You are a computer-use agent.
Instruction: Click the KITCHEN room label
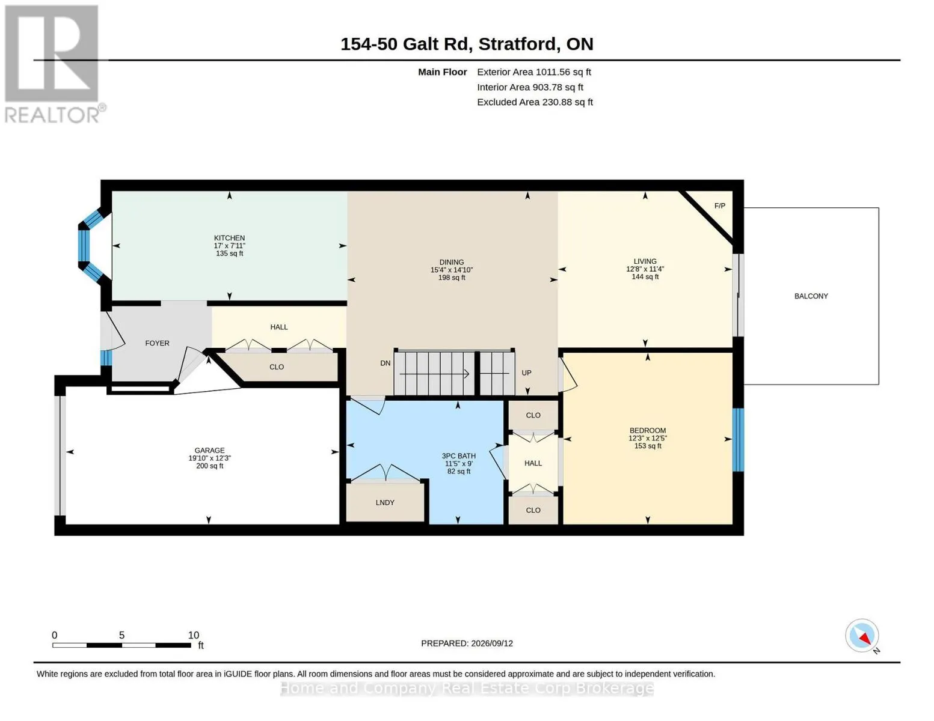pos(229,238)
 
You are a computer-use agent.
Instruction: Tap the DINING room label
pos(451,262)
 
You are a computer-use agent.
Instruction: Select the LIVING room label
pos(645,261)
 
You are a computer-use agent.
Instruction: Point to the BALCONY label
pos(811,296)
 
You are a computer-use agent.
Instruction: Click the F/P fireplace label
pos(719,205)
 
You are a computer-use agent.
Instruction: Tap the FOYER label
pos(157,343)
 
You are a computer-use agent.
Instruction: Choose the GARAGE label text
pos(209,451)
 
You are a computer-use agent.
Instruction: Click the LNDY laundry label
pos(385,502)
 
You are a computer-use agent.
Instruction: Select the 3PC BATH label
pos(459,456)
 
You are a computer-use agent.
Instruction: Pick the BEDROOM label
pos(647,430)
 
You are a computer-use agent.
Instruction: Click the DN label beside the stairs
pos(385,363)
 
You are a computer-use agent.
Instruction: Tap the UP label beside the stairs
pos(526,373)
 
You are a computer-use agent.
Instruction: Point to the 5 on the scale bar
pos(121,635)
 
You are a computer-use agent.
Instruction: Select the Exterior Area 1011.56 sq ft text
pos(534,72)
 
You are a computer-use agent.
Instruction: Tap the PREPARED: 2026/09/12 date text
pos(467,643)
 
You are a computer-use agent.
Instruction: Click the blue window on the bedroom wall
pos(737,440)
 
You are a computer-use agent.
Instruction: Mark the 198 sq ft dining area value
pos(451,278)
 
